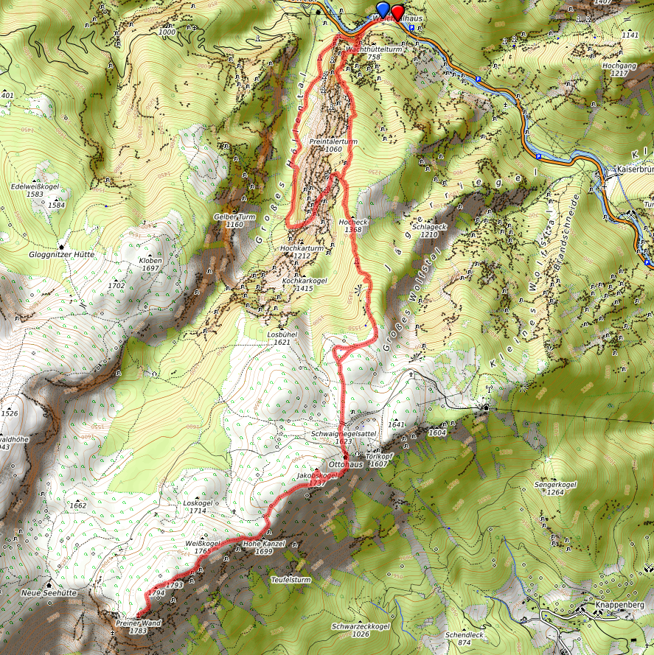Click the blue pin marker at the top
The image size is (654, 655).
click(x=383, y=10)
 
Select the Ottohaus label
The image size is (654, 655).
click(x=346, y=465)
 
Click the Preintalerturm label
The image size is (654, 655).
click(x=333, y=140)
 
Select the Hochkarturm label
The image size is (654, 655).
click(x=301, y=249)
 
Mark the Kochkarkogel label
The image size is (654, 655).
click(x=304, y=281)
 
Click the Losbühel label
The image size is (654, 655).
click(x=282, y=333)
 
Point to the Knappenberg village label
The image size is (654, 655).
click(x=619, y=606)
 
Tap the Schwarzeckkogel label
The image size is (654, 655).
click(x=361, y=626)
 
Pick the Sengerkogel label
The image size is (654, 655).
click(x=557, y=484)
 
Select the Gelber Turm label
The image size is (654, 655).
click(x=234, y=217)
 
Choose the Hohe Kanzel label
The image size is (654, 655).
click(x=263, y=544)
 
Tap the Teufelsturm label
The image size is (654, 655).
click(x=291, y=580)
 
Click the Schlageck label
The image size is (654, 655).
click(x=430, y=227)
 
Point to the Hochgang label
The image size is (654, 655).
click(x=619, y=65)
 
